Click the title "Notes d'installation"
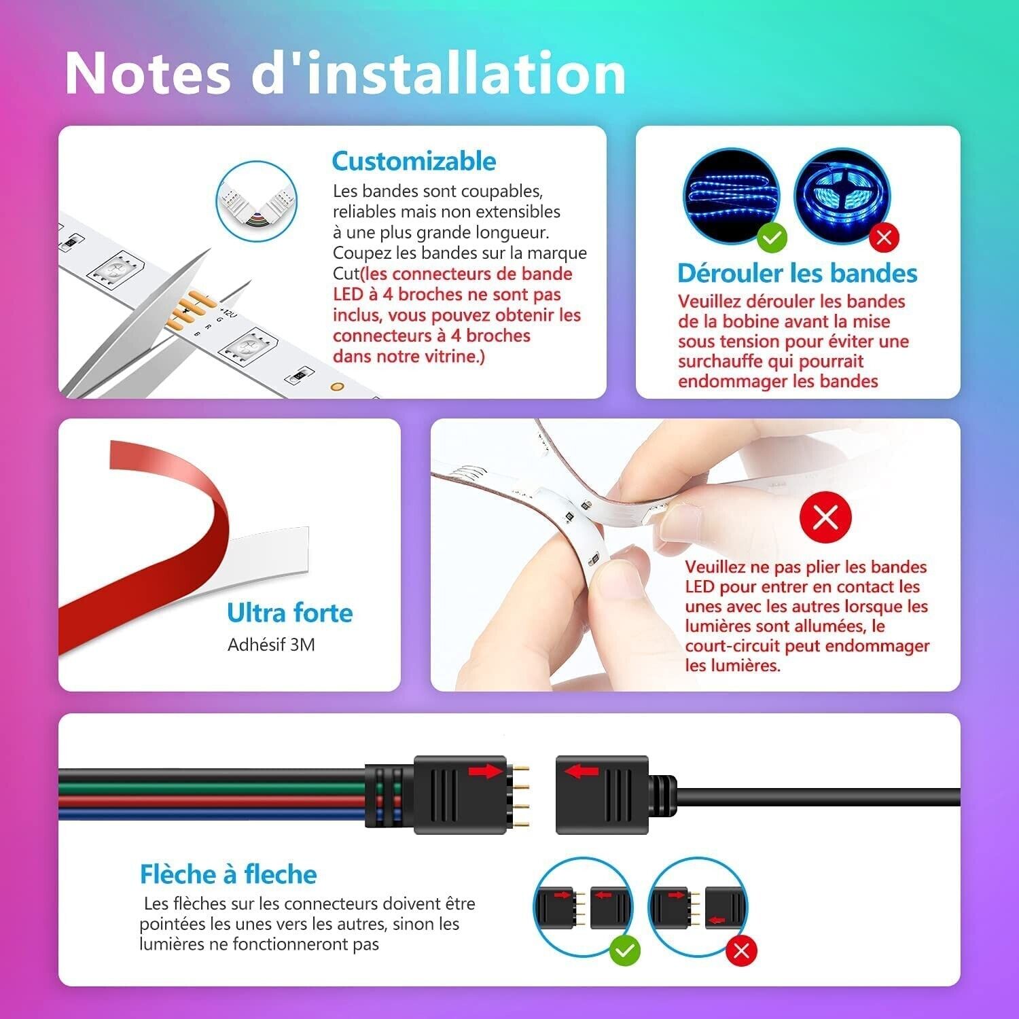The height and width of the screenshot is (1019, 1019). (x=345, y=73)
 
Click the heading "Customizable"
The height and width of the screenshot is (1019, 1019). (x=414, y=161)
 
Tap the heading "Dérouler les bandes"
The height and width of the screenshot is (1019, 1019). (x=797, y=273)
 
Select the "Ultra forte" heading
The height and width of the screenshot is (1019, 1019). (x=290, y=613)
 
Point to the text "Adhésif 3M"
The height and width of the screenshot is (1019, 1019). (x=271, y=645)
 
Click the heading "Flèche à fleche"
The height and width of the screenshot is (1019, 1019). (x=228, y=874)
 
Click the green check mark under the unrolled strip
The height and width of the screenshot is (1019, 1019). (x=772, y=237)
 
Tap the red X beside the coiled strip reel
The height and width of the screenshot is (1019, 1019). (x=884, y=237)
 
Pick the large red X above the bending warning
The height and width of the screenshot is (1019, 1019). (x=825, y=518)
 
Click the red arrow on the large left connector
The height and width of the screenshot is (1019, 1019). (x=485, y=770)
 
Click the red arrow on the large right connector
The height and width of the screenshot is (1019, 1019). (x=582, y=771)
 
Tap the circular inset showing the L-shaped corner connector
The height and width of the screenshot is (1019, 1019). (x=257, y=201)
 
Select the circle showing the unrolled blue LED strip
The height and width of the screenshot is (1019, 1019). (x=732, y=196)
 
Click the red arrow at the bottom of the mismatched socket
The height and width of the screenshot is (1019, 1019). (x=717, y=921)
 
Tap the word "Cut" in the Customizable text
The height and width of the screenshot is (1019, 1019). (x=346, y=274)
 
